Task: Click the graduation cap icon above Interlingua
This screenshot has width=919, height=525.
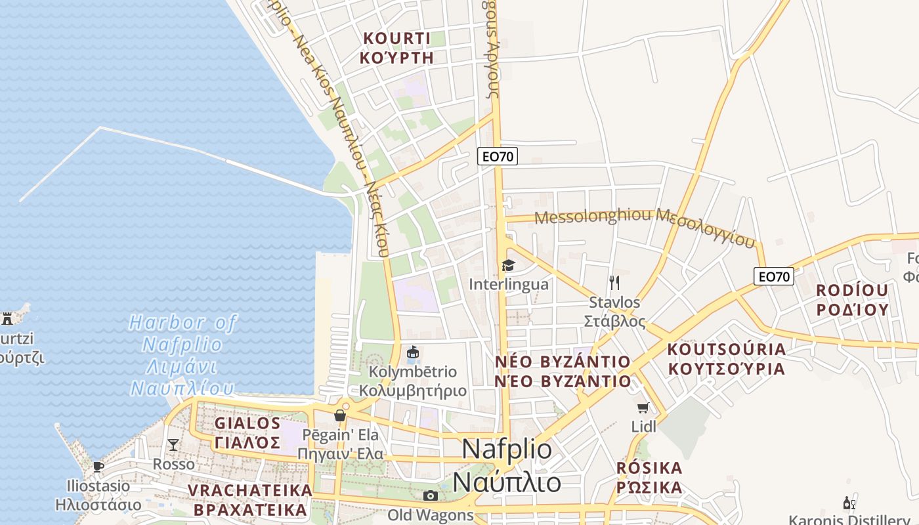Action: [508, 265]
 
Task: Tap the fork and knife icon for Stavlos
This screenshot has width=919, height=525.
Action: [614, 283]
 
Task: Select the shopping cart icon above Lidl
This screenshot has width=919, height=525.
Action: [643, 408]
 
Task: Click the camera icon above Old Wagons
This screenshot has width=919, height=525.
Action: [430, 495]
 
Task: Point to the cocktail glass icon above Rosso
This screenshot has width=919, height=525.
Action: [173, 445]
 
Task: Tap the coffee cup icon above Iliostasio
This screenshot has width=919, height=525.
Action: [98, 467]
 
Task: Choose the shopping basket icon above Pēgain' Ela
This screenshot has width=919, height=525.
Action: [339, 415]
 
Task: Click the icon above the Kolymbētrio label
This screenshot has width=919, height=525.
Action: [412, 353]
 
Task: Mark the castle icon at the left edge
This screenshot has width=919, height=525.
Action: [7, 319]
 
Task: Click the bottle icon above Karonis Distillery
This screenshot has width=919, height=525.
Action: [848, 503]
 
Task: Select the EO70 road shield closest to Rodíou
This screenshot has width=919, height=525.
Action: [773, 276]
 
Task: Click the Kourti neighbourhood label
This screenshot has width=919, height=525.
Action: [397, 48]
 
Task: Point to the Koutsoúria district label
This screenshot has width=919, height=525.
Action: [726, 358]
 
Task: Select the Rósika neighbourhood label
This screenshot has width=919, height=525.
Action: [649, 478]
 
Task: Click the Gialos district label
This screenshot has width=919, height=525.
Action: [247, 432]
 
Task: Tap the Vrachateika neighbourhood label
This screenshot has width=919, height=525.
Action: [249, 499]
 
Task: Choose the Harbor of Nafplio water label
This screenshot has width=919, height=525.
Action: [182, 355]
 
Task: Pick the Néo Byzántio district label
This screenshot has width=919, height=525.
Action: [563, 371]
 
